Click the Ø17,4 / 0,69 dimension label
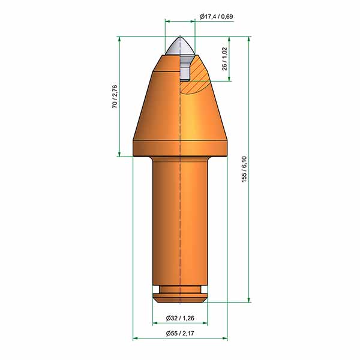(216, 17)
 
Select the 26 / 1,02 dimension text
(224, 59)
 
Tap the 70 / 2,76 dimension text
(115, 97)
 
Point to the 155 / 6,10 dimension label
(244, 169)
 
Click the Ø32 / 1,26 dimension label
(180, 318)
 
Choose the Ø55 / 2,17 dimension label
(180, 333)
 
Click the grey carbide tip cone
(180, 46)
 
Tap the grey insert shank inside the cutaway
(185, 68)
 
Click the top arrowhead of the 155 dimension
(248, 39)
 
